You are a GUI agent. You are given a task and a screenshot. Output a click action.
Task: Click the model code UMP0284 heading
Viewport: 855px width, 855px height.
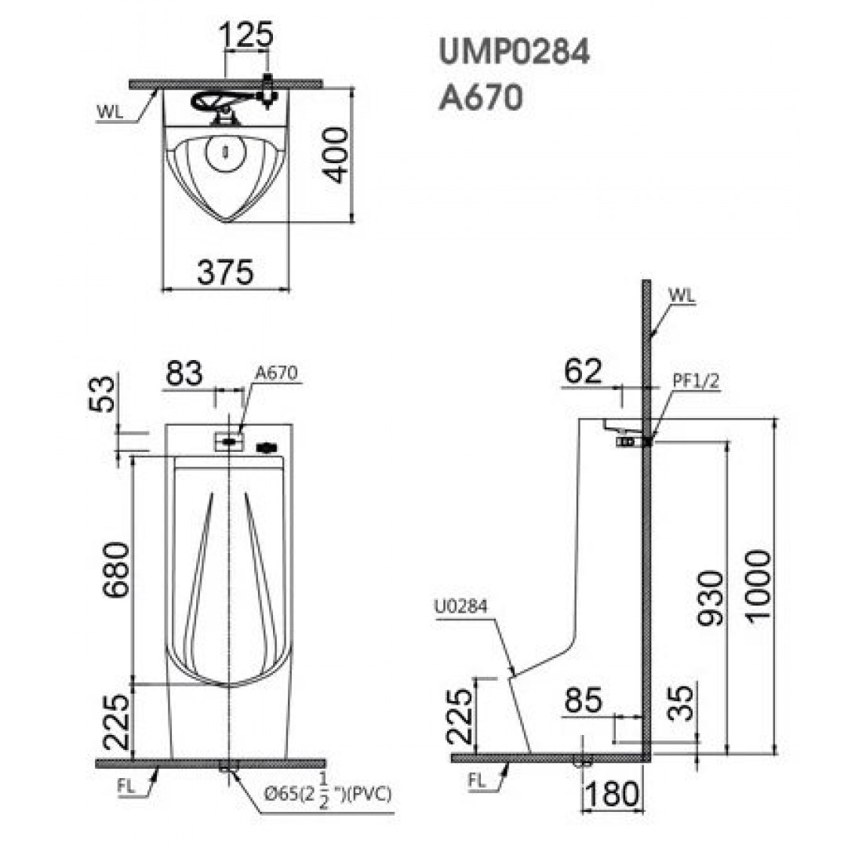515,53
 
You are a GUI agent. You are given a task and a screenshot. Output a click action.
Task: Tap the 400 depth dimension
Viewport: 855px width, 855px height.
333,155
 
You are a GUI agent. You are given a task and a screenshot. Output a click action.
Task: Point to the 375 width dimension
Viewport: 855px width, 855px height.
225,272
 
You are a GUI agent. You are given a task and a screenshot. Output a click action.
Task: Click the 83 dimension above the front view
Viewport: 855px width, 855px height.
184,373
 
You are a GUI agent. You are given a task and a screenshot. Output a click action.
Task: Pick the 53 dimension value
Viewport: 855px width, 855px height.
103,394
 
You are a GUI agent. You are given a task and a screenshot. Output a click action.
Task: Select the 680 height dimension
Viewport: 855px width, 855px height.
117,569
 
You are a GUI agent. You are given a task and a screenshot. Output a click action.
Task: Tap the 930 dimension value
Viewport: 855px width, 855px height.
710,598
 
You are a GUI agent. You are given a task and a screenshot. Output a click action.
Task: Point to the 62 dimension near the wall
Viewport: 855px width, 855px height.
582,371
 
